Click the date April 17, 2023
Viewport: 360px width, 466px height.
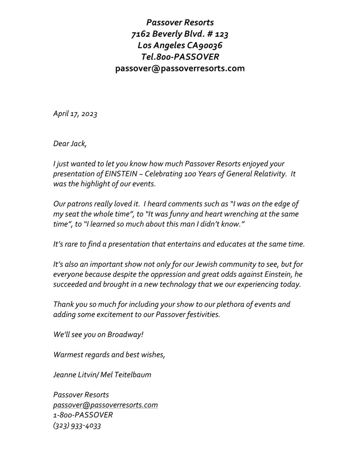(x=75, y=114)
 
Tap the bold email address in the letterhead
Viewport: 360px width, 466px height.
(x=180, y=68)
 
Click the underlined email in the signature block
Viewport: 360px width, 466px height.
(x=106, y=405)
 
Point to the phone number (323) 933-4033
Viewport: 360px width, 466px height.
(x=77, y=426)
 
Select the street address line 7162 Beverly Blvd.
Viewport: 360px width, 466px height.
(x=180, y=34)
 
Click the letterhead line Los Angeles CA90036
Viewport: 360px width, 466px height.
(x=180, y=46)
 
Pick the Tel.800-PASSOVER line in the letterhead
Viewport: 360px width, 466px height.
(x=180, y=57)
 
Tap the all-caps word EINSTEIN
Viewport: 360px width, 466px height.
(x=120, y=174)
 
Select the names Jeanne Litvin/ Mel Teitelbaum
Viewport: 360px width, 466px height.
(x=102, y=375)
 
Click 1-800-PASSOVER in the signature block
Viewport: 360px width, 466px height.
(x=83, y=416)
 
